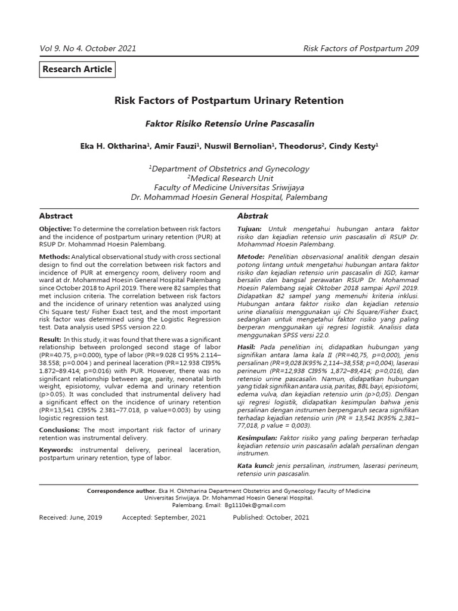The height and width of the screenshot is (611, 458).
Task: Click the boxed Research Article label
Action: pos(76,69)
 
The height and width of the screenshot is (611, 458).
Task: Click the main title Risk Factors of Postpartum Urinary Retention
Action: pos(229,101)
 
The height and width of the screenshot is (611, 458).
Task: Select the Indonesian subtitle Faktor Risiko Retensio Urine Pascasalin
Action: pos(230,124)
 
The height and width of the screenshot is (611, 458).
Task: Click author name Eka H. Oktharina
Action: pos(115,146)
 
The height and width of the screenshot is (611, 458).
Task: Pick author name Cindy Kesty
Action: pos(355,146)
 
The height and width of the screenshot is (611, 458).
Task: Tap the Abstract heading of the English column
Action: pos(56,216)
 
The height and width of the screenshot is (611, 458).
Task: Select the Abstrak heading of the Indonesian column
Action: pos(253,216)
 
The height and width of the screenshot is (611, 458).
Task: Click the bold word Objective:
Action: pos(55,229)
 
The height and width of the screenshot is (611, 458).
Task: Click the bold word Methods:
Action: pos(54,256)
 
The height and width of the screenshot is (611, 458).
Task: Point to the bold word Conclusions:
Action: pos(60,430)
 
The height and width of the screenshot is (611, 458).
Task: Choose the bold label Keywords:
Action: pos(58,449)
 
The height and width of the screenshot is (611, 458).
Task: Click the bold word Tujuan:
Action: pos(249,229)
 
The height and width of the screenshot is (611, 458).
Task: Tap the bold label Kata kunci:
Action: pos(256,465)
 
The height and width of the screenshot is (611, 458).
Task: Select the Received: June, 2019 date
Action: pos(70,517)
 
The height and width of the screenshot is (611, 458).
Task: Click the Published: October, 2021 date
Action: pos(271,517)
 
